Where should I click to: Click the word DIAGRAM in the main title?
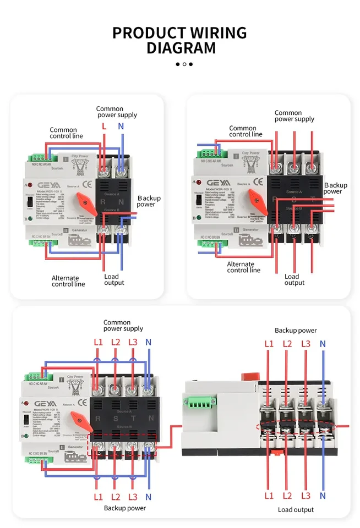(181, 48)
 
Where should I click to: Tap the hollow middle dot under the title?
(184, 64)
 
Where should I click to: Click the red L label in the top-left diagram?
(103, 127)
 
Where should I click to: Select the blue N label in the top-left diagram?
(121, 127)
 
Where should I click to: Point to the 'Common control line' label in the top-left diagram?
(67, 133)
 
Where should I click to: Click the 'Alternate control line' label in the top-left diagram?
(68, 281)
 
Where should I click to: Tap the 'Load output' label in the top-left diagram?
(114, 279)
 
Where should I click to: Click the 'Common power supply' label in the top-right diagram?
(294, 116)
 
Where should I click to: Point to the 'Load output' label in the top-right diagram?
(294, 279)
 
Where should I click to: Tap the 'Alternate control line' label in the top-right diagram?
(243, 267)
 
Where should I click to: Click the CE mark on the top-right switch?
(258, 180)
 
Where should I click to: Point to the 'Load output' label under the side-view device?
(296, 510)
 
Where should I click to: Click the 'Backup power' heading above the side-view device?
(296, 331)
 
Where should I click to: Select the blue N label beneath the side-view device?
(323, 496)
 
